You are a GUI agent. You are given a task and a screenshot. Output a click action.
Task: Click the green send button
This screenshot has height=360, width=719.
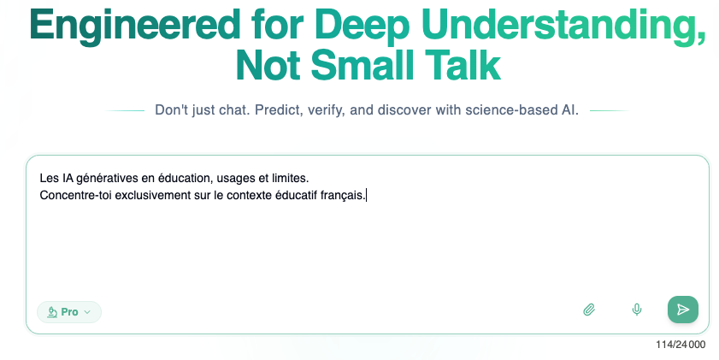pyautogui.click(x=683, y=310)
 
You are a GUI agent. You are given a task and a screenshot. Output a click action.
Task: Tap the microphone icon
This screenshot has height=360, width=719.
pyautogui.click(x=636, y=310)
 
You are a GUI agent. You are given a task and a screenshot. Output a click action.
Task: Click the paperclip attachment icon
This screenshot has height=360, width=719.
pyautogui.click(x=589, y=310)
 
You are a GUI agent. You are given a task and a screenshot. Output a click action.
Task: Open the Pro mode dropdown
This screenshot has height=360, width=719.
pyautogui.click(x=69, y=312)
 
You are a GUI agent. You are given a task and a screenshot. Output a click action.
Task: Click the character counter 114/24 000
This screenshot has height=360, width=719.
pyautogui.click(x=681, y=345)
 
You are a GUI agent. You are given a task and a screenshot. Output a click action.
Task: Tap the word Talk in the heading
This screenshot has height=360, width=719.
pyautogui.click(x=463, y=66)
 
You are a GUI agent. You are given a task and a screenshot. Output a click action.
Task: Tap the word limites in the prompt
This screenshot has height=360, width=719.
pyautogui.click(x=291, y=178)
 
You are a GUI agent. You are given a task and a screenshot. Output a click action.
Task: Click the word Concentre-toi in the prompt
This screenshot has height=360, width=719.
pyautogui.click(x=76, y=195)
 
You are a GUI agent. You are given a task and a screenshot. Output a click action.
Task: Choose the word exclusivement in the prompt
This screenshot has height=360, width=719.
pyautogui.click(x=153, y=195)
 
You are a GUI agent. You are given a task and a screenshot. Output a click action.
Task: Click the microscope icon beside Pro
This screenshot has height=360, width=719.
pyautogui.click(x=52, y=312)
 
